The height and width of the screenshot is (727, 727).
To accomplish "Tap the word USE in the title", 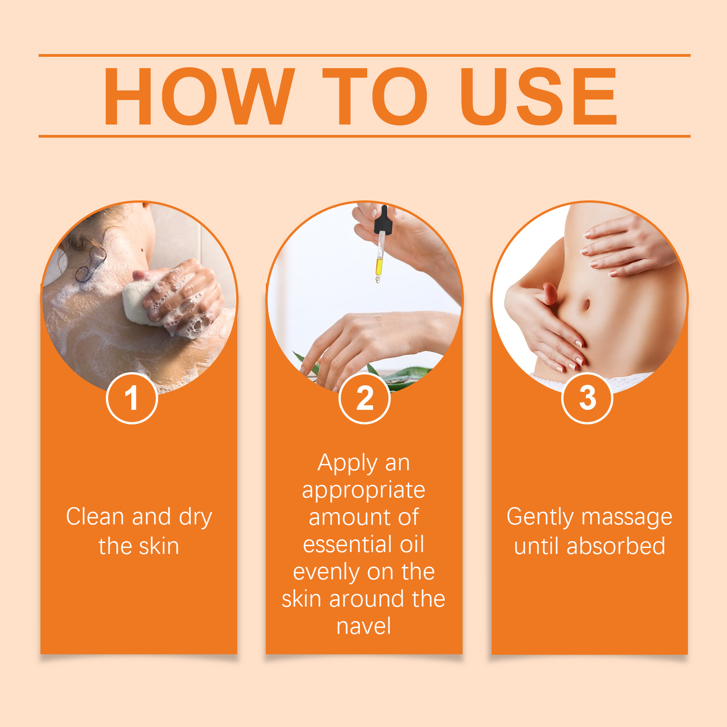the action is (539, 96).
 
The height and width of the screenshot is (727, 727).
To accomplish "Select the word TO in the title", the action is (375, 96).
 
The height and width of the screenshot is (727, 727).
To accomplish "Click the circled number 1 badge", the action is (132, 398).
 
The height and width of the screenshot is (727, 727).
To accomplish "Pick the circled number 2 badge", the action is (364, 398).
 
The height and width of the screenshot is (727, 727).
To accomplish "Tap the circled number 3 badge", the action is (588, 398).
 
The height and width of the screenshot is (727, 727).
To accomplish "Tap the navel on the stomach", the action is (586, 304).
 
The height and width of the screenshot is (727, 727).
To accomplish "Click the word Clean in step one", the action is (95, 517).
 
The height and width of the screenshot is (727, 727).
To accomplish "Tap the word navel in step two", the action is (364, 626).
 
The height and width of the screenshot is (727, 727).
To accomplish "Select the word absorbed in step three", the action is (616, 546).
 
